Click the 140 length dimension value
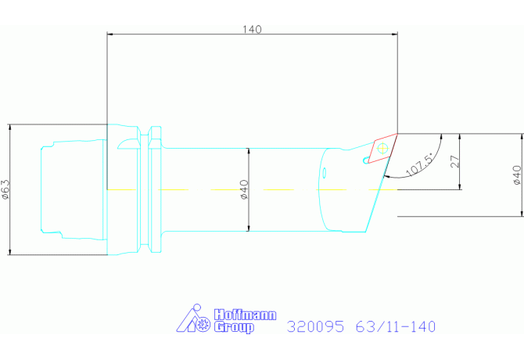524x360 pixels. tap(252, 30)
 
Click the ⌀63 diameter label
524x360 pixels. tap(6, 189)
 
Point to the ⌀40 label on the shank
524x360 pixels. tap(244, 189)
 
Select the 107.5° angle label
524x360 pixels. tap(420, 164)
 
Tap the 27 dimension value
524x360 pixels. tap(455, 161)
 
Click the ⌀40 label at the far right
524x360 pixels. tap(517, 175)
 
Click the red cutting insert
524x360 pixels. tap(382, 149)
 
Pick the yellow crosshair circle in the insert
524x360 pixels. tap(382, 148)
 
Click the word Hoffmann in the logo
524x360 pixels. tap(246, 315)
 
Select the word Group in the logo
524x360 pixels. tap(234, 327)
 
